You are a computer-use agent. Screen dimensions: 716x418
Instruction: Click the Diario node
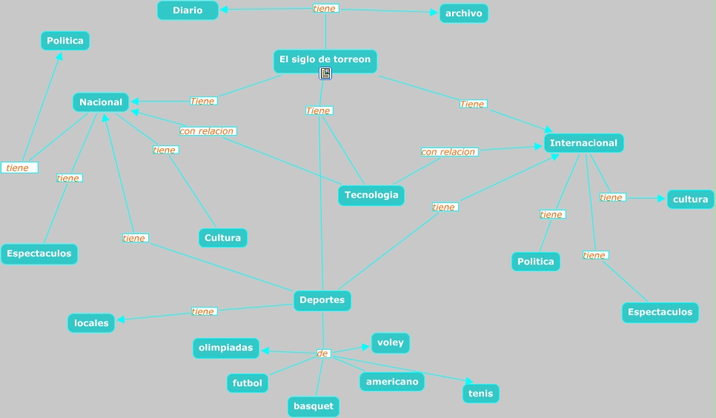coord(188,10)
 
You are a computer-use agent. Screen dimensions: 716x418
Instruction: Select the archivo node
coord(463,13)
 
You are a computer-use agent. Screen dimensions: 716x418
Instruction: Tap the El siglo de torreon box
coord(325,59)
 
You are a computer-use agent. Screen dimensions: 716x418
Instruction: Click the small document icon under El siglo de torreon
coord(325,73)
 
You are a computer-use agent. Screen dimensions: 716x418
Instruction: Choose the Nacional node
coord(101,102)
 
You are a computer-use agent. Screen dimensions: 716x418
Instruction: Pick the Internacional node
coord(583,143)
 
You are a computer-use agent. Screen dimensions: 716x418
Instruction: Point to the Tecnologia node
coord(371,195)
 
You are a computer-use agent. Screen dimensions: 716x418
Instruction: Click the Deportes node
coord(322,300)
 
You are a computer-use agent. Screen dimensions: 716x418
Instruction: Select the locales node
coord(91,323)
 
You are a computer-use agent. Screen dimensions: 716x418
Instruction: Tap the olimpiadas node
coord(226,348)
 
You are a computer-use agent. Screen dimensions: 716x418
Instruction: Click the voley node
coord(390,343)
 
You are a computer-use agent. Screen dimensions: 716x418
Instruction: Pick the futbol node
coord(248,383)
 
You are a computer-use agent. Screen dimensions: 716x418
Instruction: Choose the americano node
coord(392,382)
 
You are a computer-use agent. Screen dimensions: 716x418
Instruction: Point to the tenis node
coord(480,394)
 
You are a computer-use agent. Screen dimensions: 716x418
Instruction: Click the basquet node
coord(313,406)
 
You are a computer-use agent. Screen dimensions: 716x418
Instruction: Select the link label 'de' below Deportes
coord(322,354)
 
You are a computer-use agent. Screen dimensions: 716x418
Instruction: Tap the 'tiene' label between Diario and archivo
coord(325,9)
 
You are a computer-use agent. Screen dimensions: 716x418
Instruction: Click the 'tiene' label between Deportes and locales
coord(203,312)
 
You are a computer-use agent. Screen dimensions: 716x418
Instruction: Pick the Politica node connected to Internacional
coord(535,262)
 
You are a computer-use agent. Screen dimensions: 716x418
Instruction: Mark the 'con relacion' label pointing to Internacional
coord(448,152)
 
